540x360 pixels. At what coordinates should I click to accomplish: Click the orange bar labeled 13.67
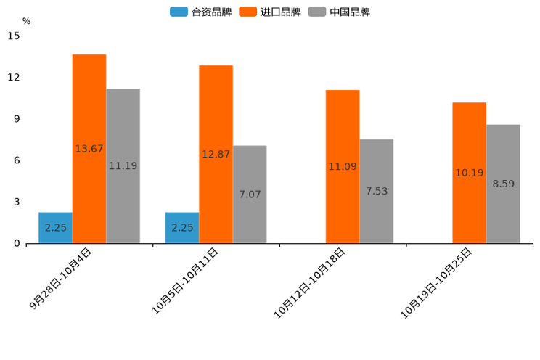point(89,149)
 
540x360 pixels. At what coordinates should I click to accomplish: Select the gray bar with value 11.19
point(123,165)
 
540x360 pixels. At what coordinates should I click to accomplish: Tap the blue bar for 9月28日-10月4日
point(55,227)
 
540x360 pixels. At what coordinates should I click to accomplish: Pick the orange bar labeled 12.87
point(216,154)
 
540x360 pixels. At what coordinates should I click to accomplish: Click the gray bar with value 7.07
point(250,194)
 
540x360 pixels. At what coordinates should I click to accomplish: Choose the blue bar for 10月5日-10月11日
point(182,227)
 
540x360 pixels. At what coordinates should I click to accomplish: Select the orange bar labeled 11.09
point(343,166)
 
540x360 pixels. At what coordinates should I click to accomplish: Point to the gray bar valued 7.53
point(376,191)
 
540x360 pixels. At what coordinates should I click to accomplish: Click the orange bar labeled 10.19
point(469,173)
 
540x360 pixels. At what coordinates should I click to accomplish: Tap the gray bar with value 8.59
point(503,184)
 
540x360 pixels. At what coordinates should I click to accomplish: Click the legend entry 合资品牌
point(201,12)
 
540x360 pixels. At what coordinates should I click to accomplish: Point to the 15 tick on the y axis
point(14,36)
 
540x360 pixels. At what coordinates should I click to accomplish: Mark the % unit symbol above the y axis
point(26,21)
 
